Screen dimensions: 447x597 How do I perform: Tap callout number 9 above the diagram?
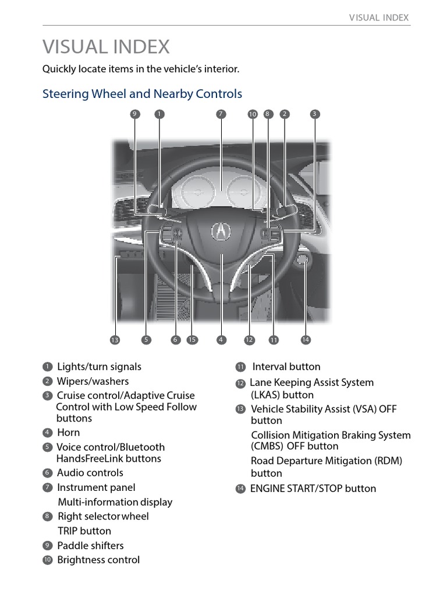(135, 114)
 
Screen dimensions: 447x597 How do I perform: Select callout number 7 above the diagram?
(221, 114)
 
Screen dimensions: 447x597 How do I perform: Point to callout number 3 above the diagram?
(314, 114)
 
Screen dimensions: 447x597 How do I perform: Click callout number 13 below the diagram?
(115, 340)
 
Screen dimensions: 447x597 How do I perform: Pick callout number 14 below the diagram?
(306, 340)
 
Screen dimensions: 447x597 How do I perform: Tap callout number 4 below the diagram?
(221, 340)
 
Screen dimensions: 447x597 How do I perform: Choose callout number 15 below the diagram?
(192, 340)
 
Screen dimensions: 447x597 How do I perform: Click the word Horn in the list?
(69, 433)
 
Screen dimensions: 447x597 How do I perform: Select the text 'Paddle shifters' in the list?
(90, 546)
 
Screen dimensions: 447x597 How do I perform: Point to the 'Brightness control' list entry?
(98, 560)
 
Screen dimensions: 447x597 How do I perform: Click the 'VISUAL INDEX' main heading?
(106, 47)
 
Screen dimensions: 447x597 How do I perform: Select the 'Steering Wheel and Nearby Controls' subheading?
(142, 94)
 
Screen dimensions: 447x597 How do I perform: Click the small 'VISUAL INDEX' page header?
(379, 17)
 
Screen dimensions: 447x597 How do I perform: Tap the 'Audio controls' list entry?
(90, 473)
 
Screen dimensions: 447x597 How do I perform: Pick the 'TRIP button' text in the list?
(84, 531)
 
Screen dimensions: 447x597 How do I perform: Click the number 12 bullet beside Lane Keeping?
(240, 384)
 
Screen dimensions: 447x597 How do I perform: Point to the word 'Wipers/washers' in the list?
(93, 381)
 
